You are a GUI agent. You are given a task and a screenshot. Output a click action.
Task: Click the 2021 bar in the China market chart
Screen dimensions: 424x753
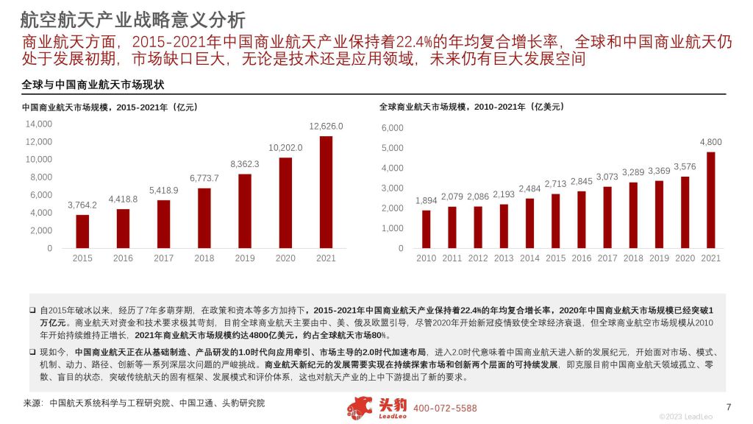click(x=326, y=192)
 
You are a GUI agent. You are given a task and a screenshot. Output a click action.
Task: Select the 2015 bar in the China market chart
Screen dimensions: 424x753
click(x=82, y=231)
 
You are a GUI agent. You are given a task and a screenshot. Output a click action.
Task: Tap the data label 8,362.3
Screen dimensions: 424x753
click(x=245, y=163)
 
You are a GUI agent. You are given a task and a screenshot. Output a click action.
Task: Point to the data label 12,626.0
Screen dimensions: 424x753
click(x=326, y=126)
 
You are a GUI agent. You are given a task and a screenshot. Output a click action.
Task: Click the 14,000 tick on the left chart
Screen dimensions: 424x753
click(x=39, y=124)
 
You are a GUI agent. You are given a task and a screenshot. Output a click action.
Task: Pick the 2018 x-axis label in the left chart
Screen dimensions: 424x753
click(x=204, y=258)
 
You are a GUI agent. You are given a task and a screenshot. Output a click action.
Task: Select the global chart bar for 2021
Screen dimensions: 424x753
click(x=711, y=200)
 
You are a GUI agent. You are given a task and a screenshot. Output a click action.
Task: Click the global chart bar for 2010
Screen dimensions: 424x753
click(x=426, y=229)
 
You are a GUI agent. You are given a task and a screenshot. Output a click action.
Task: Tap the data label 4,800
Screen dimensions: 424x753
click(x=711, y=141)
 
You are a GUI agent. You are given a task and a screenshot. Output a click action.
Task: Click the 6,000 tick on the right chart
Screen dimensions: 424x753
click(x=393, y=129)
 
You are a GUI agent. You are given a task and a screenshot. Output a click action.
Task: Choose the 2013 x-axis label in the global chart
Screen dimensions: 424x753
click(x=504, y=258)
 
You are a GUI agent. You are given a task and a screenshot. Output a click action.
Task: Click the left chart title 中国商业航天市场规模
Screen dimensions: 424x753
click(x=110, y=107)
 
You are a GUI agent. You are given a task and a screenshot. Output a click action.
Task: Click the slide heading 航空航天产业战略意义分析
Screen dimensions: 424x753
click(x=132, y=19)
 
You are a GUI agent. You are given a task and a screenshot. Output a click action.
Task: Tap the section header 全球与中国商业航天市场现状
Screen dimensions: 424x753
click(x=93, y=85)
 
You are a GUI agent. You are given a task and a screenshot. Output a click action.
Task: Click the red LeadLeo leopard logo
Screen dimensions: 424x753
click(x=360, y=408)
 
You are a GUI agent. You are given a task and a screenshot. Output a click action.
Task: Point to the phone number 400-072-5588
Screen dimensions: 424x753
click(x=445, y=409)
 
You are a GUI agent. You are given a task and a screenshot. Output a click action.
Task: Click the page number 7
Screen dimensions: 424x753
click(x=728, y=408)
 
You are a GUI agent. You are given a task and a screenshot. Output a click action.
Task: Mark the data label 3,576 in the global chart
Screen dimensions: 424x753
click(x=685, y=166)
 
